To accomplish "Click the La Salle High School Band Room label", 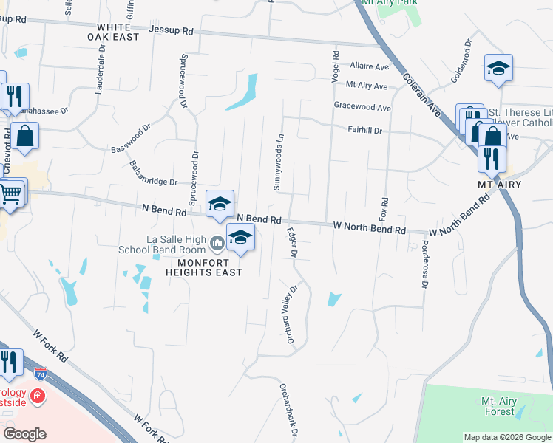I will [x=177, y=244].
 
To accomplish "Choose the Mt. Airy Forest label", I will [x=499, y=406].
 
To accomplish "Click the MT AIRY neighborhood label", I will [x=500, y=184].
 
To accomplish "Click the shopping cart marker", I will [x=10, y=194].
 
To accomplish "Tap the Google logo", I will [x=24, y=434].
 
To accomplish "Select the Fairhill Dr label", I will [x=365, y=131].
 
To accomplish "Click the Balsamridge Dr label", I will [x=153, y=174].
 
